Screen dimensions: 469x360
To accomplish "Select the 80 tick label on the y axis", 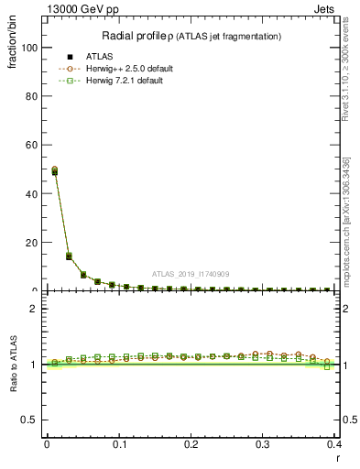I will tap(31, 96).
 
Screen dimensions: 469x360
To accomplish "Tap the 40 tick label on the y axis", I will tap(31, 193).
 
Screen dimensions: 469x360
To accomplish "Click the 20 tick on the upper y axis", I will tap(31, 242).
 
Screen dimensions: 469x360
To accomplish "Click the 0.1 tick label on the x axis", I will tap(119, 443).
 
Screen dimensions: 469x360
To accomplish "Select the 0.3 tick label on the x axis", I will tap(263, 443).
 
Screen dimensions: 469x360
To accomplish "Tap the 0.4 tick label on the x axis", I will tap(334, 443).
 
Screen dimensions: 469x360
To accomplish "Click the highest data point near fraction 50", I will tap(55, 170).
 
